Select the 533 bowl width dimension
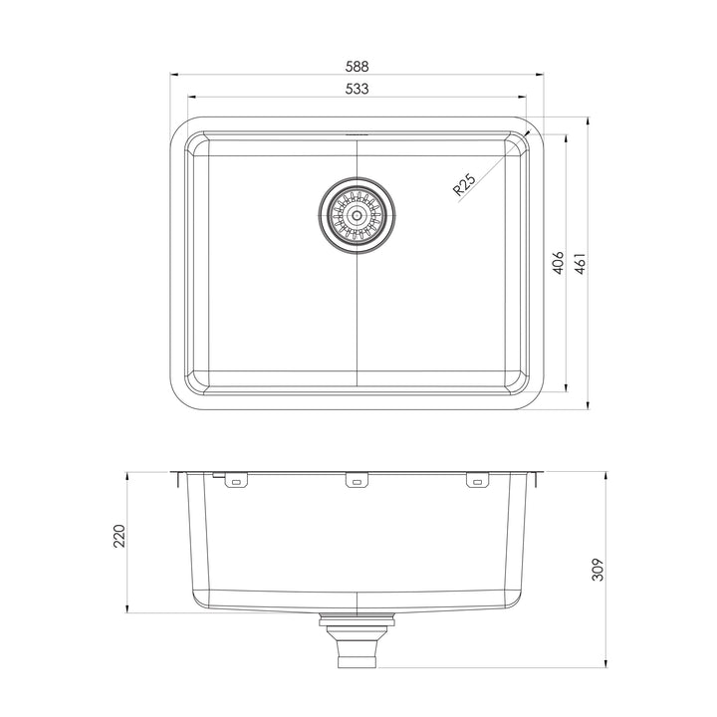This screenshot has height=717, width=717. (358, 89)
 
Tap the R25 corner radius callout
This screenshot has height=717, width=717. (464, 185)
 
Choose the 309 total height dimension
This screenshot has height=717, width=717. (598, 568)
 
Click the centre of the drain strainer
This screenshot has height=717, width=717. (357, 213)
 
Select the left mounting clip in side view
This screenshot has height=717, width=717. (235, 482)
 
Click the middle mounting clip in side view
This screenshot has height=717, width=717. (357, 482)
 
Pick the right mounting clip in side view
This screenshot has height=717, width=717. (478, 482)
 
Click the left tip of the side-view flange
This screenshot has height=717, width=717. (172, 473)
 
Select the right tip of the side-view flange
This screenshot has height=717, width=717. (542, 473)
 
